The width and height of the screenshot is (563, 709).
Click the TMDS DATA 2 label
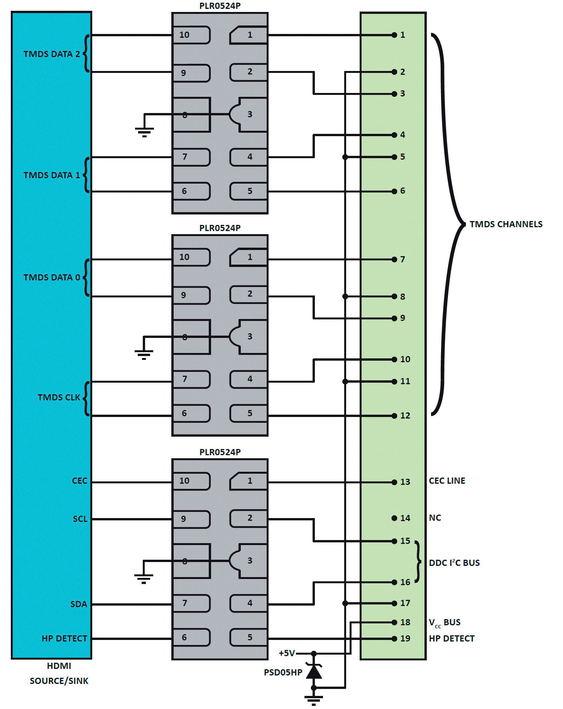[52, 54]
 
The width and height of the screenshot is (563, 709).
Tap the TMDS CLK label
[59, 397]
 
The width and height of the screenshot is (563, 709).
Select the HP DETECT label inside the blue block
[64, 638]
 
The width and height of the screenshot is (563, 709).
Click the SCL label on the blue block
[80, 519]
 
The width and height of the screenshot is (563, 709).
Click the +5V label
[287, 653]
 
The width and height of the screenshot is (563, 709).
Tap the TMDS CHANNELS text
[506, 224]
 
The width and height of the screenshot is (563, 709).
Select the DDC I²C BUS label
[454, 562]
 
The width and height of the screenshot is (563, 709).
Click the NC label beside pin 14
[435, 518]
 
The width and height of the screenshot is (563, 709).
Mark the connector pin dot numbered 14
[394, 518]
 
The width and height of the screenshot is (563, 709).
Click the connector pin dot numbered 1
[394, 35]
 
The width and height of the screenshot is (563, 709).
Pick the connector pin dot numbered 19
[394, 639]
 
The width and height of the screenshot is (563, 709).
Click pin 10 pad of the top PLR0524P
[191, 35]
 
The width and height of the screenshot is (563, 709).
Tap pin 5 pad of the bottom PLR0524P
[249, 637]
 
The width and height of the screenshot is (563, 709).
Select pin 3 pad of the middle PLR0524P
[248, 336]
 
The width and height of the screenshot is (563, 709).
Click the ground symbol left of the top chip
[144, 132]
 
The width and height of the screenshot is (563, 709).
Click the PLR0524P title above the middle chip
[220, 228]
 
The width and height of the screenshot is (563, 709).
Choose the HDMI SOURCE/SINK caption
[59, 673]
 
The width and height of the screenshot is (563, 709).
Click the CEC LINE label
[447, 481]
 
